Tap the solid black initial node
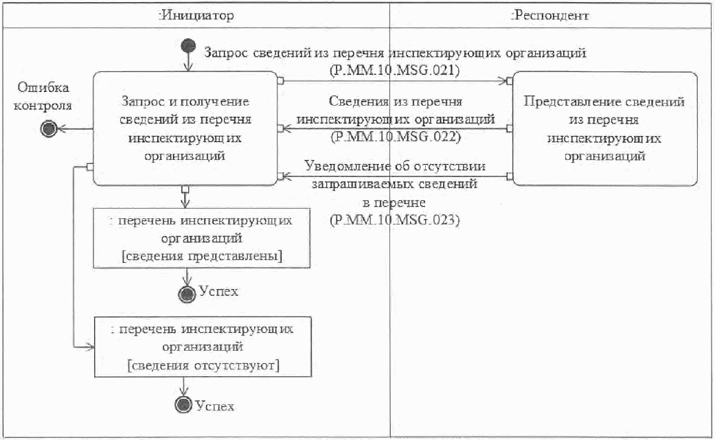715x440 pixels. pyautogui.click(x=187, y=46)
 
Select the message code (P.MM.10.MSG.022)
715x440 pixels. pyautogui.click(x=394, y=136)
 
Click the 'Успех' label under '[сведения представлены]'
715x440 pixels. pyautogui.click(x=218, y=291)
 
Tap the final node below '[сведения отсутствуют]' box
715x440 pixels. pyautogui.click(x=183, y=405)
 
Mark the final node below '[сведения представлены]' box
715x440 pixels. pyautogui.click(x=186, y=293)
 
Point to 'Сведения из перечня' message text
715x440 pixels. pyautogui.click(x=394, y=102)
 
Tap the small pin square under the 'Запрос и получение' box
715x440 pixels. pyautogui.click(x=184, y=189)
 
